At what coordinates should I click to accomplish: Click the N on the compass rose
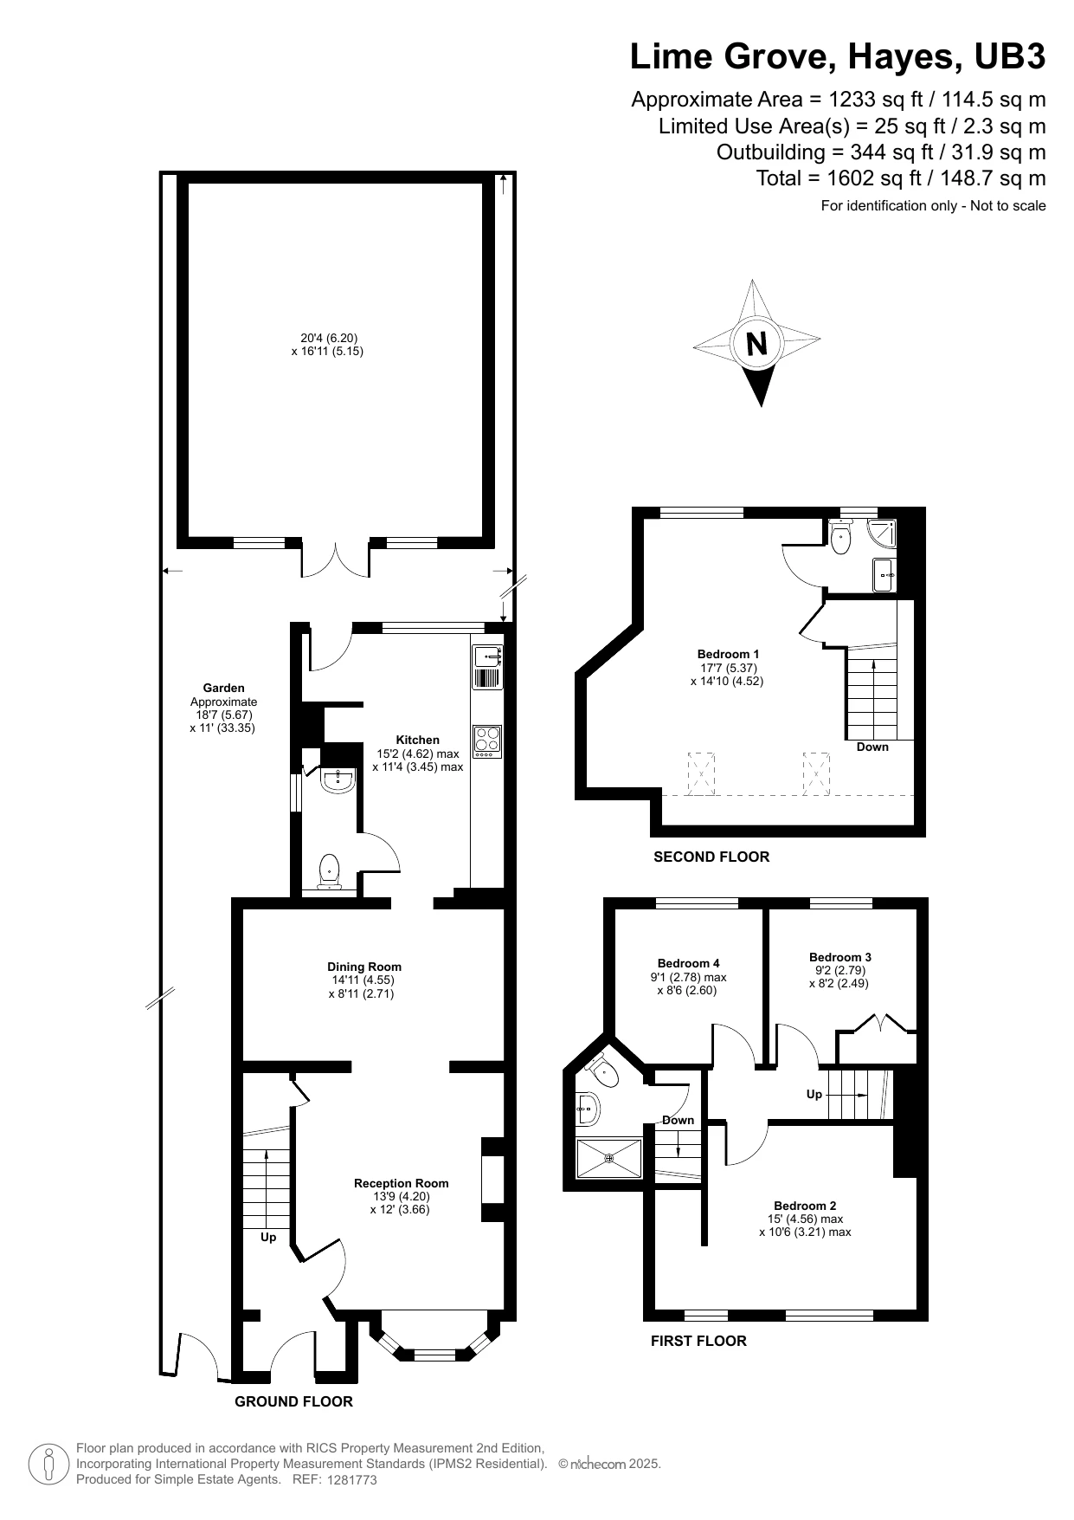[756, 344]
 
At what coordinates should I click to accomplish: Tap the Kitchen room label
[418, 740]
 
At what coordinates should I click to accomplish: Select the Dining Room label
[364, 967]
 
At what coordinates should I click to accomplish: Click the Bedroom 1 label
[729, 654]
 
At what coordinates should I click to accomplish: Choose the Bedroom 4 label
[689, 963]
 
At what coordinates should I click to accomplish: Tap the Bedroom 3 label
[840, 957]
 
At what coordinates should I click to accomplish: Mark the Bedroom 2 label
[805, 1206]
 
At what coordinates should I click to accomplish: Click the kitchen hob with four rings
[487, 741]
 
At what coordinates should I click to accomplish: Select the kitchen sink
[487, 667]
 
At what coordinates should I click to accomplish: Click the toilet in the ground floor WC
[329, 871]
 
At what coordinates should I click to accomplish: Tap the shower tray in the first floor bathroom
[609, 1158]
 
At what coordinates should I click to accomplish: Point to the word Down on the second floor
[872, 747]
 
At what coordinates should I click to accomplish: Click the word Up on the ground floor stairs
[268, 1238]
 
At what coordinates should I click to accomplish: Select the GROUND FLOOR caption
[294, 1401]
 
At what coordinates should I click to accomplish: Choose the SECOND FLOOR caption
[711, 857]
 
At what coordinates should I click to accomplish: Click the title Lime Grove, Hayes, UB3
[838, 57]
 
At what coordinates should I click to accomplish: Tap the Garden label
[224, 689]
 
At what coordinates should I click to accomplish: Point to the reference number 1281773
[352, 1480]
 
